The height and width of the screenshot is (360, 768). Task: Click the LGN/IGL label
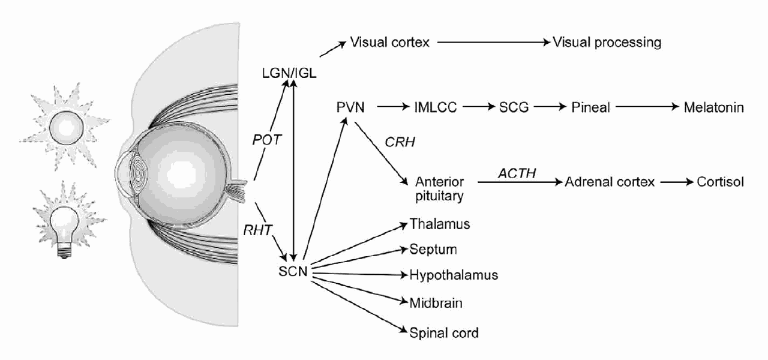click(289, 73)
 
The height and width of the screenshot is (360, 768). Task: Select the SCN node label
click(293, 271)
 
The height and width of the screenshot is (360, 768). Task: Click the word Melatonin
click(713, 108)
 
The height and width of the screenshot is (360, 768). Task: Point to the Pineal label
click(590, 108)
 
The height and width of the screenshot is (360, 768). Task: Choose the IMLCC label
click(435, 108)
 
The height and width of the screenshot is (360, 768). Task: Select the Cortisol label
click(720, 182)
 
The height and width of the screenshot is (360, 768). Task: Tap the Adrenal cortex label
click(610, 182)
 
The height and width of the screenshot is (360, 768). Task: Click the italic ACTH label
click(517, 173)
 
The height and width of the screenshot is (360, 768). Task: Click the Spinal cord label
click(444, 332)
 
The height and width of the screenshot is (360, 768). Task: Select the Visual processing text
click(607, 43)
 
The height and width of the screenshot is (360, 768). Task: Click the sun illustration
click(66, 127)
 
